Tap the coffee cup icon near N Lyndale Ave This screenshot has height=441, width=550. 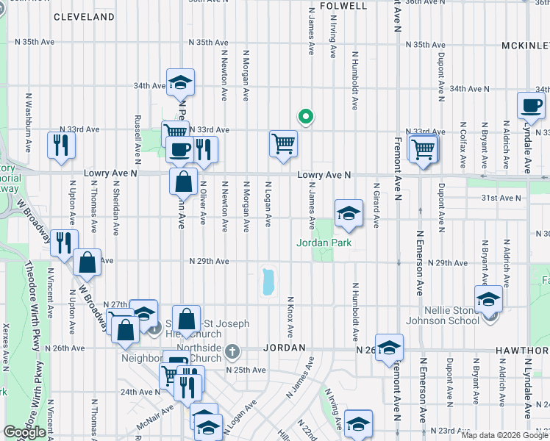(530, 107)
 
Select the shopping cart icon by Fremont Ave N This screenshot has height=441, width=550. (424, 149)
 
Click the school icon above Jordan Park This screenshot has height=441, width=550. (349, 214)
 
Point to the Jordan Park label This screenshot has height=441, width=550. (324, 243)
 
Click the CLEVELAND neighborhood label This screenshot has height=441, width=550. (84, 16)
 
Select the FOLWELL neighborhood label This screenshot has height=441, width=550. (344, 5)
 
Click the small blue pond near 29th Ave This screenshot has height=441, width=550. (268, 282)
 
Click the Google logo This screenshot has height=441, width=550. (24, 433)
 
